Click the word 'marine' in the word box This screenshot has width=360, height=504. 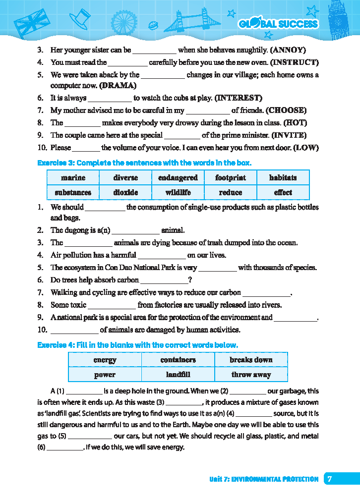tap(73, 177)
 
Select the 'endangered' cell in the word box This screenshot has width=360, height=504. tap(178, 177)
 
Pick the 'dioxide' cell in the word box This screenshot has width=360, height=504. tap(125, 192)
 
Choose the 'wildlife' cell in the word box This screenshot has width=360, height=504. tap(178, 192)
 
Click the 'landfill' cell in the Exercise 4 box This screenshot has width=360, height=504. tap(178, 375)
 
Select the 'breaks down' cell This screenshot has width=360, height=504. tap(250, 360)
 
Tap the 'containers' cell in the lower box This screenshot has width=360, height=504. tap(178, 360)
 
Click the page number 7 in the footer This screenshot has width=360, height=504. tap(330, 479)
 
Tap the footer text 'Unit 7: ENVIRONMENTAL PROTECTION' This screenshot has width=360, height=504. tap(263, 479)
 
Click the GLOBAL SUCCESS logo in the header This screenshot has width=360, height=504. tap(278, 24)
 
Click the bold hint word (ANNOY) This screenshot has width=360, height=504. tap(288, 50)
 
